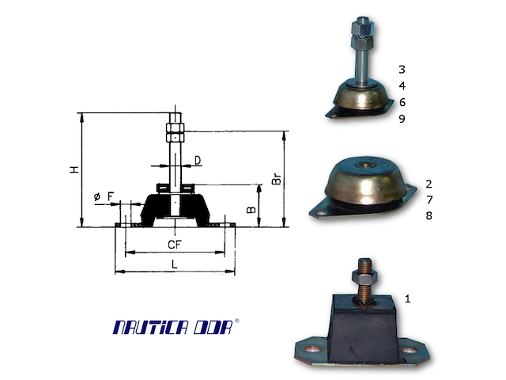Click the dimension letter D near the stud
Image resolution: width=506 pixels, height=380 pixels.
pos(198,161)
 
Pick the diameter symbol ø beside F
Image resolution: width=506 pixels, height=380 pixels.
pos(96,196)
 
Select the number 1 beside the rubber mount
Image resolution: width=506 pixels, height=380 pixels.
pos(408,298)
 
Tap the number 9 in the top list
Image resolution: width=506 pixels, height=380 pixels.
pos(402,119)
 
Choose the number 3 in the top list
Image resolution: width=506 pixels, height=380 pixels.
pos(402,70)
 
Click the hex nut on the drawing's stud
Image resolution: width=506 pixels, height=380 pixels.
pos(175,130)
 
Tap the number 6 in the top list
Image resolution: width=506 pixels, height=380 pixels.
pos(402,102)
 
